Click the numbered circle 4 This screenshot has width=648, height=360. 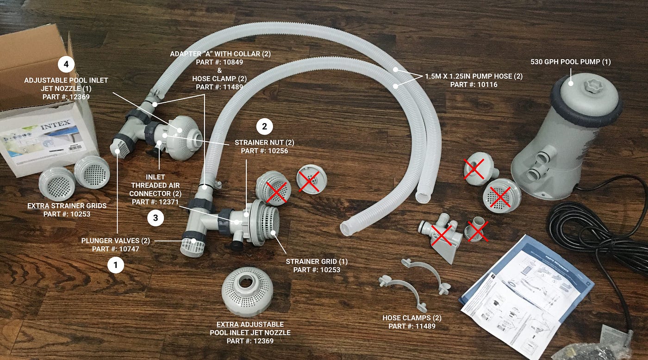coord(66,64)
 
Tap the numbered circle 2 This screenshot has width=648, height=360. coord(264,126)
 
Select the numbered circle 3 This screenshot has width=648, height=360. coord(156,219)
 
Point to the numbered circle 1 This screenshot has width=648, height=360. coord(116,265)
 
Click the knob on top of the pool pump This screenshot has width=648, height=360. coord(581,87)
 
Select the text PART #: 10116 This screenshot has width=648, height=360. coord(474,85)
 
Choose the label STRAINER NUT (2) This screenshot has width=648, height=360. coord(264,142)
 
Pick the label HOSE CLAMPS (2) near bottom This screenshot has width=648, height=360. coord(411,318)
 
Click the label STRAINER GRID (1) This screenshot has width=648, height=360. coord(317,261)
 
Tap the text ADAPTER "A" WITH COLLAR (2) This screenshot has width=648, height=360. coord(220,54)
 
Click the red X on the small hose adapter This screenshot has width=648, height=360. coord(477,230)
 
